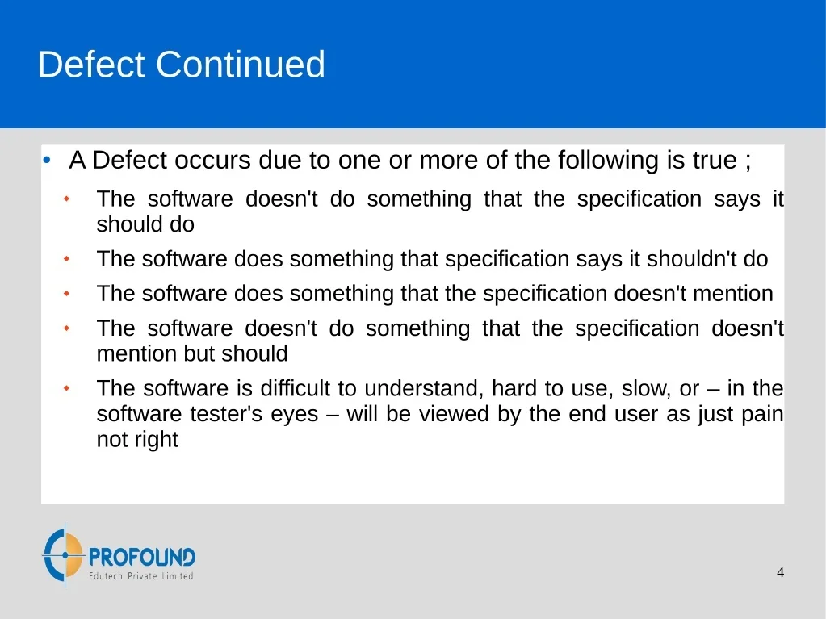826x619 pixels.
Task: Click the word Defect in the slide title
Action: [90, 65]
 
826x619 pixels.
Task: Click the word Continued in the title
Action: [241, 65]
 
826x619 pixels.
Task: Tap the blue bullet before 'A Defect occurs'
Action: [47, 160]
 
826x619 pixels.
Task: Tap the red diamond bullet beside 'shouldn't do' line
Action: [66, 258]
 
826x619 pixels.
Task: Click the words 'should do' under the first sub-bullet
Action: [145, 224]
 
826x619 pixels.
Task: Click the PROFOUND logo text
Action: [142, 557]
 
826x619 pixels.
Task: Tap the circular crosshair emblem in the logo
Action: [65, 554]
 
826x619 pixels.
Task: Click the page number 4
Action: [780, 572]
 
